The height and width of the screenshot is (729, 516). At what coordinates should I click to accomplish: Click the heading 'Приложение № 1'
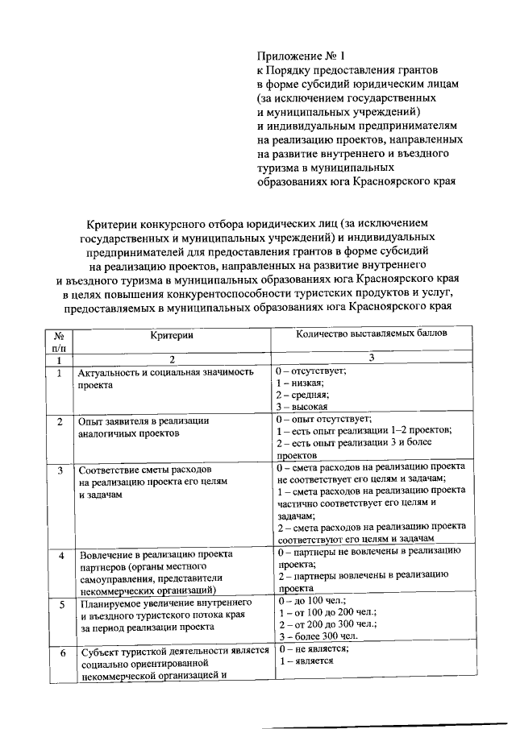tap(300, 56)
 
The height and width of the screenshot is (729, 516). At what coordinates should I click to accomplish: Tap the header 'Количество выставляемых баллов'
tap(371, 333)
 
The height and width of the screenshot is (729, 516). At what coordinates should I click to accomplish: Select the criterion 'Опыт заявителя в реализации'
tap(143, 420)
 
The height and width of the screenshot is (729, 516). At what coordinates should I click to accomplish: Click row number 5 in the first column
tap(60, 603)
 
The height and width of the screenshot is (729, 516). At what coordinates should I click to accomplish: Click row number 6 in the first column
tap(60, 653)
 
